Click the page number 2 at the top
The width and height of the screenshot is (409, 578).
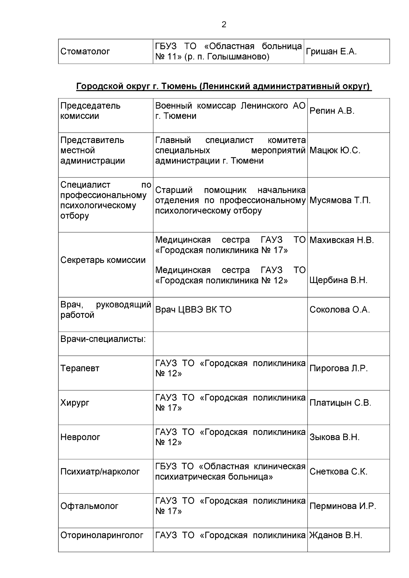(224, 25)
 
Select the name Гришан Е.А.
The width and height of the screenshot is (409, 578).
(331, 52)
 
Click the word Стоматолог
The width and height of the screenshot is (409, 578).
(85, 52)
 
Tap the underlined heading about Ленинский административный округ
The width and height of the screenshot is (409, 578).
(224, 87)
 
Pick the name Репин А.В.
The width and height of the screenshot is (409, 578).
(332, 111)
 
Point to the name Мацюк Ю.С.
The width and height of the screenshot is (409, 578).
(335, 151)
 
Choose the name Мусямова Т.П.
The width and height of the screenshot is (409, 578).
(340, 200)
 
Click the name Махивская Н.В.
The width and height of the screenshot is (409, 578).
(342, 240)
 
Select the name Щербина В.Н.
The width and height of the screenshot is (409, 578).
(338, 280)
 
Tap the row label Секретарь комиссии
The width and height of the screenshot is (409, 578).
(103, 260)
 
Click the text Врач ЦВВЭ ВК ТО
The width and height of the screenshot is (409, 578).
(193, 310)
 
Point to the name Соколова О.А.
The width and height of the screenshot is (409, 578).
(339, 310)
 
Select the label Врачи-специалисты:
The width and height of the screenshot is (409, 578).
(103, 340)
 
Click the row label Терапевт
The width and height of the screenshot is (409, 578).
(80, 369)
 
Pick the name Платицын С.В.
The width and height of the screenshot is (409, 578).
(340, 403)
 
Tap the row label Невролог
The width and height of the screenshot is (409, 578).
(80, 437)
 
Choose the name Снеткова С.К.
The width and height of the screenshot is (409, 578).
(338, 472)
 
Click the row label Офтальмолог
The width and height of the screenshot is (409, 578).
(89, 506)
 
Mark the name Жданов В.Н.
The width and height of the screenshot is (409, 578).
(336, 535)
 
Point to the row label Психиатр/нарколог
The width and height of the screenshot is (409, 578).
(100, 472)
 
